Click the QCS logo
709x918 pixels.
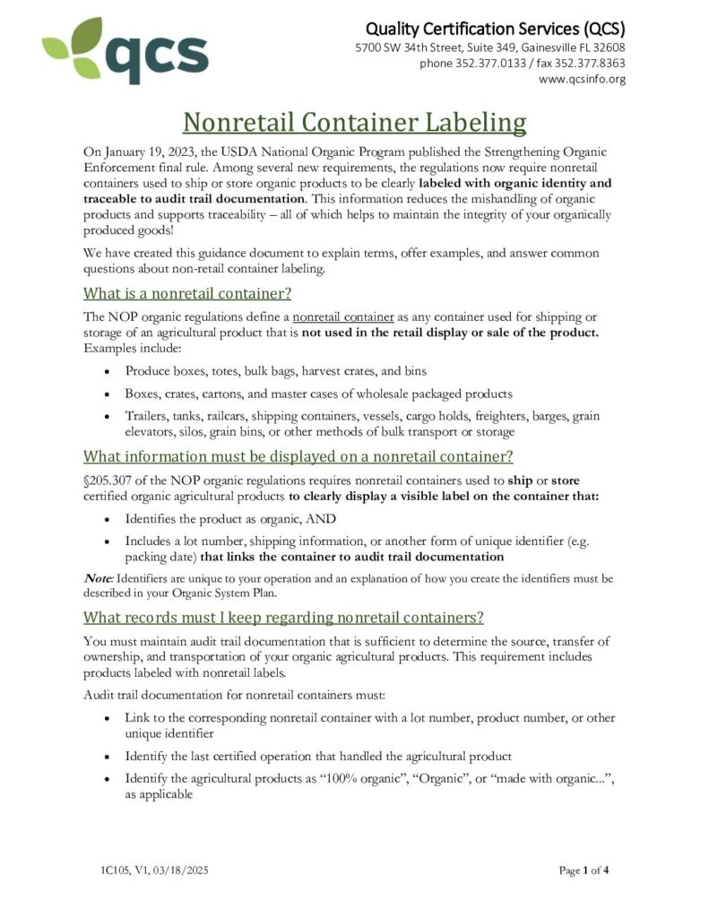pos(125,51)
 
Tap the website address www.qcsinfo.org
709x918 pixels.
pos(582,79)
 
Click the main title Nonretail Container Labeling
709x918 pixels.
pos(354,122)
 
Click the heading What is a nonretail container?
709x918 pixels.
pos(187,293)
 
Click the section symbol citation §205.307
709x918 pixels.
pos(111,480)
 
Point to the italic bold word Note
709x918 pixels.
pos(98,578)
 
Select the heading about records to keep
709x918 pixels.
pos(283,617)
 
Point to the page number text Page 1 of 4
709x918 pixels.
pos(584,870)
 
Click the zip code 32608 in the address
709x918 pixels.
pos(607,48)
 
